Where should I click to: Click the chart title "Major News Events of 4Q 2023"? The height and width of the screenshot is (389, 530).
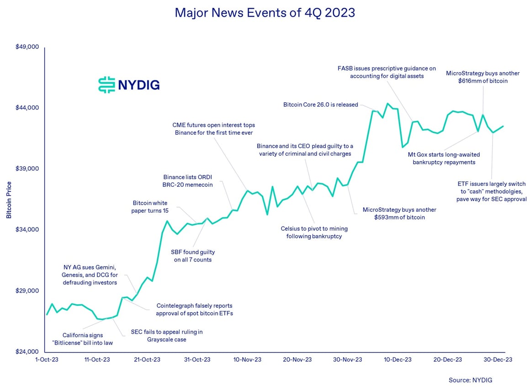click(265, 12)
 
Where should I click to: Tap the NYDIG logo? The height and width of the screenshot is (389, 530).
click(129, 85)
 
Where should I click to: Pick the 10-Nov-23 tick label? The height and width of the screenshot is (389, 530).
click(247, 360)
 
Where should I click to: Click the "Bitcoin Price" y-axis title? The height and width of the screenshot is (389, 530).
click(9, 200)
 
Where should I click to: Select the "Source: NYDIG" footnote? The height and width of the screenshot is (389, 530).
click(471, 380)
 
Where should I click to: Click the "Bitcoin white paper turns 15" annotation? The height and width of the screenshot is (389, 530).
click(151, 207)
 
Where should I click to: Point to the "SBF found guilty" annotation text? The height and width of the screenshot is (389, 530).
click(193, 256)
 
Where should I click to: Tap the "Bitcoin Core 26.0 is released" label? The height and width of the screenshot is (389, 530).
click(321, 105)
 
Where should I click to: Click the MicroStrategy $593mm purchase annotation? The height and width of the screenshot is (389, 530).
click(399, 214)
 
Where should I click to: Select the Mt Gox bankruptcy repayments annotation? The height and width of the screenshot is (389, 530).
click(444, 158)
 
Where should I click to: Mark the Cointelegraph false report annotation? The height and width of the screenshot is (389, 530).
click(194, 310)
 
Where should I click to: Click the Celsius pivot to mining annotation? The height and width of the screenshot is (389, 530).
click(314, 232)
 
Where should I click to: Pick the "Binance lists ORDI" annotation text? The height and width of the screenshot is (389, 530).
click(188, 181)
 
